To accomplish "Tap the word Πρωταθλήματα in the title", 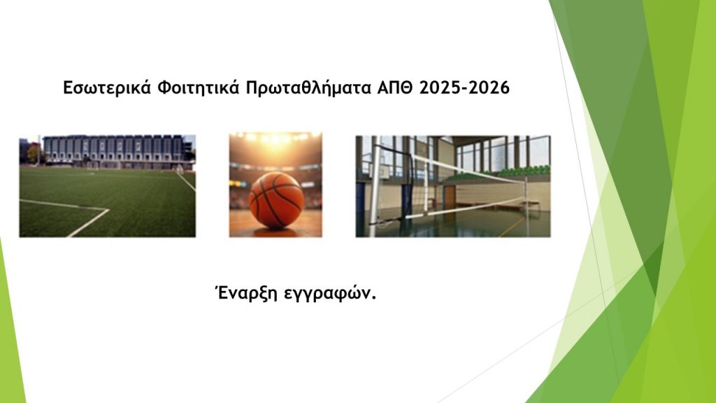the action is tap(308, 87).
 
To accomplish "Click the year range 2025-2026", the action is tap(464, 87).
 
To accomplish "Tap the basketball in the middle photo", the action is tap(276, 199).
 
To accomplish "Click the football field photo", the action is tap(107, 186).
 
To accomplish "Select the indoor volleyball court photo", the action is tap(453, 186).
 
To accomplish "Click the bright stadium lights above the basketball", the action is tap(275, 137).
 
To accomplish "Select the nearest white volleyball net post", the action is tap(375, 188).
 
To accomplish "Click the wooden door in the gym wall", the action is tap(450, 197).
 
